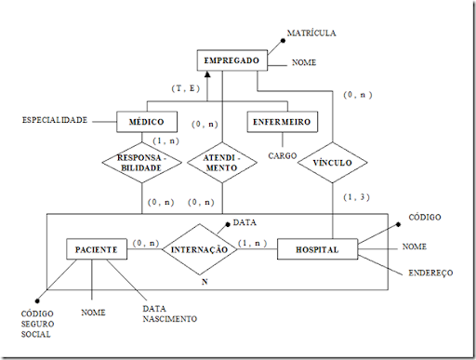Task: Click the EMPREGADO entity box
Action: (x=232, y=62)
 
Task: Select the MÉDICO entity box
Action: (x=147, y=122)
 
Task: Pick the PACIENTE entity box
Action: (x=97, y=250)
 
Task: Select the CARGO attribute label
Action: (x=281, y=156)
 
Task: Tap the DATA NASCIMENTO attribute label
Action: (x=168, y=313)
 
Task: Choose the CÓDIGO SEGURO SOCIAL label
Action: (x=38, y=323)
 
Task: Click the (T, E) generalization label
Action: (x=186, y=87)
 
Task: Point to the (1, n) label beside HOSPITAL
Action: (x=252, y=243)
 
